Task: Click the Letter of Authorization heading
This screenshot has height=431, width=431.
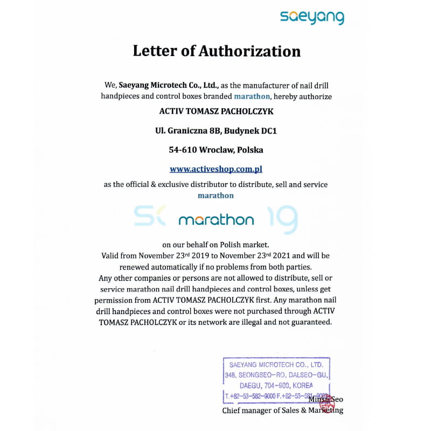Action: click(217, 51)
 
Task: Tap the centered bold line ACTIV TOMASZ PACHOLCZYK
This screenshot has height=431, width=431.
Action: click(216, 112)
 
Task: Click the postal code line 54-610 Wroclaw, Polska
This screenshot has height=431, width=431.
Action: click(216, 150)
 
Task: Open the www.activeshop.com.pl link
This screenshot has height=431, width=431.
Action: click(216, 169)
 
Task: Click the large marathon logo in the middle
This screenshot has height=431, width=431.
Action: click(216, 220)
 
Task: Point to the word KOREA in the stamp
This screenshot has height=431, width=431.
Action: click(304, 386)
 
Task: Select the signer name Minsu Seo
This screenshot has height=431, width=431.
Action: click(325, 399)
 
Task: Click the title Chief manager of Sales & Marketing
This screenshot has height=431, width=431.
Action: click(283, 411)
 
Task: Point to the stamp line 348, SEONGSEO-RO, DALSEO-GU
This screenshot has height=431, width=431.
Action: click(277, 375)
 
